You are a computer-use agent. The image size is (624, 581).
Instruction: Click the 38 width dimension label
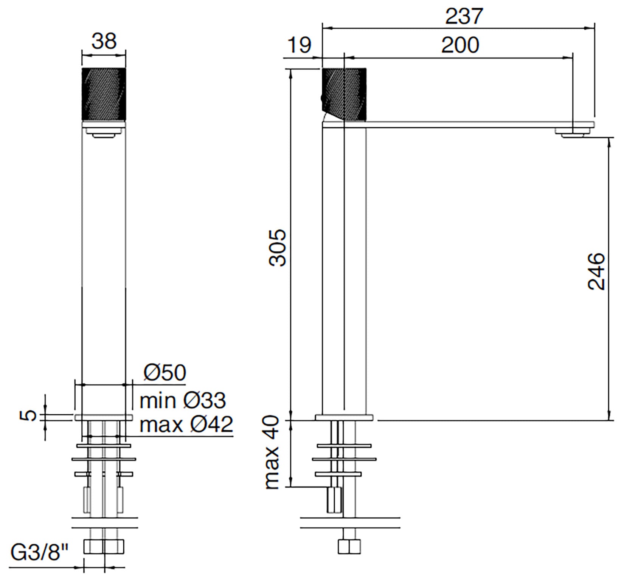pyautogui.click(x=104, y=41)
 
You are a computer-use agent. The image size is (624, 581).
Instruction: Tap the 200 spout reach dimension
pyautogui.click(x=460, y=45)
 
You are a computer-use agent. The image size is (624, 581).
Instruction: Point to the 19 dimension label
pyautogui.click(x=300, y=45)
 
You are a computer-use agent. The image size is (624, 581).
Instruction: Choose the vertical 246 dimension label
pyautogui.click(x=596, y=271)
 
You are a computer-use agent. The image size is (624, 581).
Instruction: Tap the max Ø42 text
pyautogui.click(x=186, y=424)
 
